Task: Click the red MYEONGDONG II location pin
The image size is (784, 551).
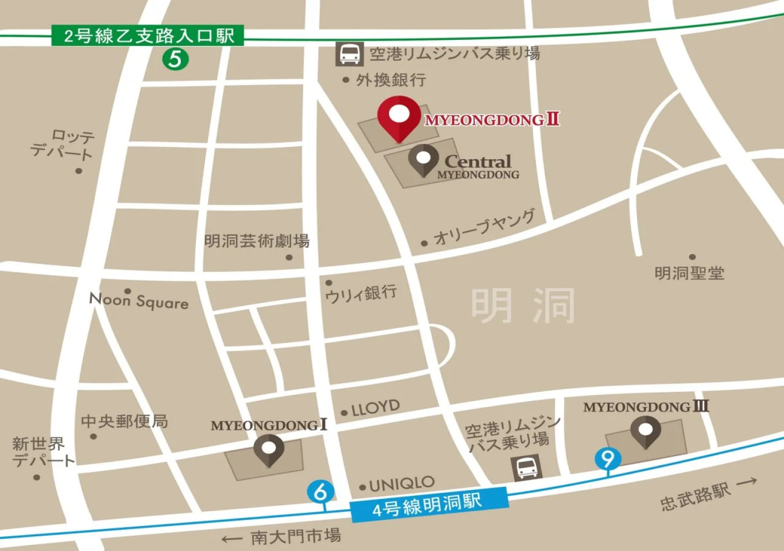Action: click(399, 118)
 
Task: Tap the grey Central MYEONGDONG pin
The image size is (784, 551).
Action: click(423, 159)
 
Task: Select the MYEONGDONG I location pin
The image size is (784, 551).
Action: click(269, 450)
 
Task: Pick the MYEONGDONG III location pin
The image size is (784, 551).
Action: click(645, 431)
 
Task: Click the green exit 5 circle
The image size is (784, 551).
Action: click(175, 59)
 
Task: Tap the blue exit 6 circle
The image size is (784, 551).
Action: click(321, 492)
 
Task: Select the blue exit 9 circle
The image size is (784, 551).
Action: click(607, 458)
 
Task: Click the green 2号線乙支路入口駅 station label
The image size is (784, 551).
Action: click(148, 36)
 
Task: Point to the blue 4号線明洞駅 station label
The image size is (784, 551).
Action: click(428, 505)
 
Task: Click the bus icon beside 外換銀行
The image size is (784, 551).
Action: click(350, 54)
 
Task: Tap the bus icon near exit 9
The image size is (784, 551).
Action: click(527, 467)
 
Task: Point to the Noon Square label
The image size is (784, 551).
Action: click(139, 301)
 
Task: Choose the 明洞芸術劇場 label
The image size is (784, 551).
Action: click(257, 241)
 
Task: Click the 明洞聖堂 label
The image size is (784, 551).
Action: click(689, 273)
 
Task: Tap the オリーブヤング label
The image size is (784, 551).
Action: click(484, 228)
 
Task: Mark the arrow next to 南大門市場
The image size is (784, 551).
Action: click(232, 539)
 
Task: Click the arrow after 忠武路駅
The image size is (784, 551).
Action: click(747, 482)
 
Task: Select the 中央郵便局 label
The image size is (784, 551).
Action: click(124, 421)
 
